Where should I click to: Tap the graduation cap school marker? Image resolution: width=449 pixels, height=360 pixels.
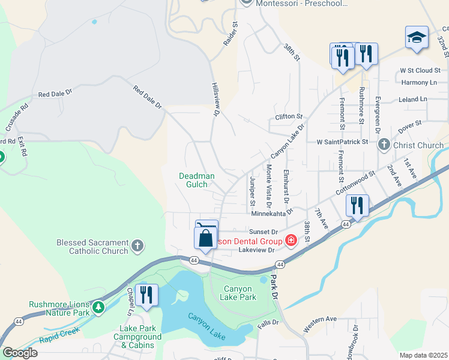pyautogui.click(x=416, y=38)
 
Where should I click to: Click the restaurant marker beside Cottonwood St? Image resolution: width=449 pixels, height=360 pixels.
pyautogui.click(x=358, y=206)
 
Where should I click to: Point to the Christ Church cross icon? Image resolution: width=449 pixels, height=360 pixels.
pyautogui.click(x=384, y=145)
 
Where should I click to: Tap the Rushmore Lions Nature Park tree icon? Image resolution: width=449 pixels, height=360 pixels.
pyautogui.click(x=98, y=308)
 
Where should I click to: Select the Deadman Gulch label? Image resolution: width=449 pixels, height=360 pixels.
pyautogui.click(x=197, y=180)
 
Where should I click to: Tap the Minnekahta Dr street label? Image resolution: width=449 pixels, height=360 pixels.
pyautogui.click(x=272, y=212)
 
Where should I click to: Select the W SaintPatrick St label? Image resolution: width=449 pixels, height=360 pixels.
pyautogui.click(x=342, y=142)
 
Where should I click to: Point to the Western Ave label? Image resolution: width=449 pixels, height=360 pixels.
pyautogui.click(x=320, y=319)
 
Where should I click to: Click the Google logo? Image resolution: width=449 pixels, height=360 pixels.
pyautogui.click(x=20, y=353)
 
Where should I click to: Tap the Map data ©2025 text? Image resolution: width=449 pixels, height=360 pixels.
pyautogui.click(x=423, y=355)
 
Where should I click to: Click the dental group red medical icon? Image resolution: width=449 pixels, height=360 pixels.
pyautogui.click(x=291, y=241)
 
